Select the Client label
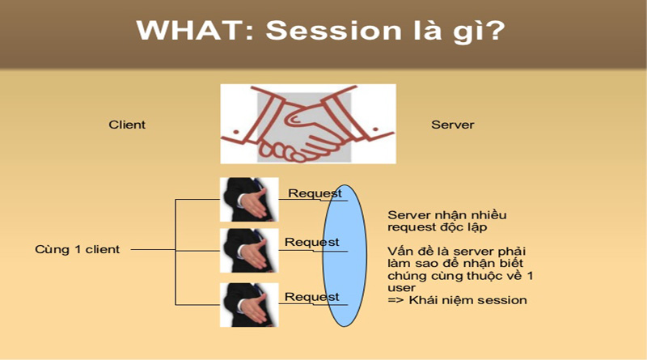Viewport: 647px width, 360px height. [x=127, y=125]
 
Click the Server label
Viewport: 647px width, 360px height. [x=453, y=125]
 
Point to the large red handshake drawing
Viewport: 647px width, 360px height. [x=308, y=124]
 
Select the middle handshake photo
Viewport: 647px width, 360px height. [x=249, y=250]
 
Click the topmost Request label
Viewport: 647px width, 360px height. [x=315, y=193]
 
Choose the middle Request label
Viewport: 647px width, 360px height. [x=311, y=242]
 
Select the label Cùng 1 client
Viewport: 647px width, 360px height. [x=78, y=249]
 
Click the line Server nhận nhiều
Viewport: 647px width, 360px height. [x=448, y=215]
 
